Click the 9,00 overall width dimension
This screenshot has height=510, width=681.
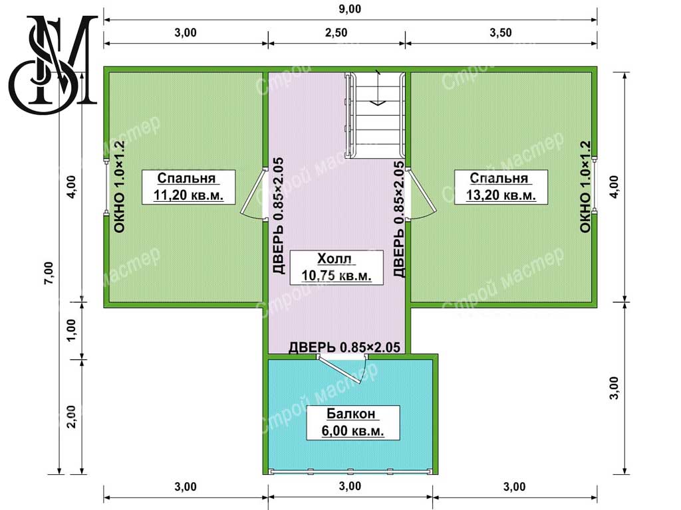pos(350,9)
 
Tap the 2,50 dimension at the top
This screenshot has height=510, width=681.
pos(336,33)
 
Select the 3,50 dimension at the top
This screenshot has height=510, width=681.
pos(501,33)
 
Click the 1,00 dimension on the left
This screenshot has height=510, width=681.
pos(72,331)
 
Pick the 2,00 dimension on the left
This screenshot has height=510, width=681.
pos(72,416)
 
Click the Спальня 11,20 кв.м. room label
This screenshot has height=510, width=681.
pos(188,187)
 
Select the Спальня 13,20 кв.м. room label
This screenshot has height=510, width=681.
pos(501,187)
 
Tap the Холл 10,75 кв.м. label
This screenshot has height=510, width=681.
pos(336,267)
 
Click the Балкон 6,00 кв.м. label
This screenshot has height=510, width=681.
pos(352,423)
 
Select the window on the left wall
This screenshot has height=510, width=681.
pos(106,187)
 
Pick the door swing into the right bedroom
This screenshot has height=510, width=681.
pos(420,193)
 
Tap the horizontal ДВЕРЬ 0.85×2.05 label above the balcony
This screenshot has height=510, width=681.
pos(344,347)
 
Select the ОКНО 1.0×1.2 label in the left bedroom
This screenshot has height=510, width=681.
pos(119,187)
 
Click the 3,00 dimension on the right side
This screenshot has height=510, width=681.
pos(614,388)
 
